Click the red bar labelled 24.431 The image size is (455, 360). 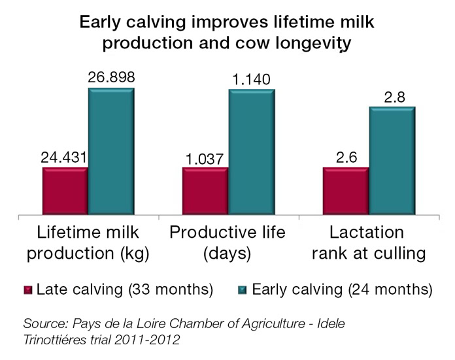coord(65,191)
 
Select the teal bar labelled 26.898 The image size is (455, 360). coord(111,151)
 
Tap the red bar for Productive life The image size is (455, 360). coord(205,191)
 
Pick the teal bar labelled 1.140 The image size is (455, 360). coord(251,151)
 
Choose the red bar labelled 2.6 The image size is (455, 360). coord(346,191)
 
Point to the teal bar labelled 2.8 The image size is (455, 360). coord(392,160)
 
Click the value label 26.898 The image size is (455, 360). coord(111,78)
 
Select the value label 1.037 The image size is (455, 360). coord(205,159)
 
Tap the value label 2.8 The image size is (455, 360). coord(392,96)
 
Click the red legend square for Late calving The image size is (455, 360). coord(27,289)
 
